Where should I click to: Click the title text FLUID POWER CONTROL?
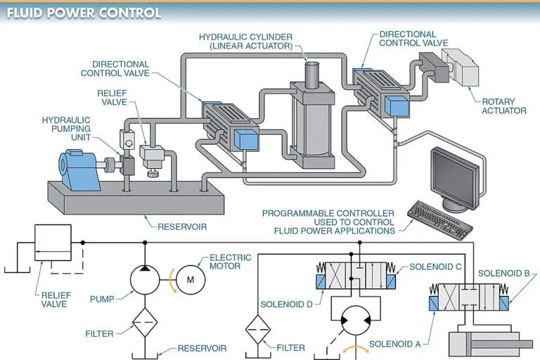tap(84, 13)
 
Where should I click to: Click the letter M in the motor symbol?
tap(191, 280)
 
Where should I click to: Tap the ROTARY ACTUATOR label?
tap(504, 106)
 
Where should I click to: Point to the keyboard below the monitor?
tap(440, 220)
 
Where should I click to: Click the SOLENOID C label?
tap(435, 267)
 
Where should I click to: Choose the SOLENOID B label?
tap(504, 274)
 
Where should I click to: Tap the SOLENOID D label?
tap(287, 304)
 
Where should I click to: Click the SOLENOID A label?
tap(395, 344)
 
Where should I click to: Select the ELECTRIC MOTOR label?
tap(230, 262)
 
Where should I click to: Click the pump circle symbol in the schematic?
tap(145, 280)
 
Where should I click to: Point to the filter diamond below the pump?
tap(145, 323)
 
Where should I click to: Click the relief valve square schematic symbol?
tap(53, 243)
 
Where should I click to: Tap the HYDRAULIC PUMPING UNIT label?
tap(67, 129)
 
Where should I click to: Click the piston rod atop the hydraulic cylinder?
tap(312, 75)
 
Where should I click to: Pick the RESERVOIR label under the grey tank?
tap(182, 227)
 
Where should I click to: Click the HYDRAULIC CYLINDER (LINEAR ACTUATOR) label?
tap(246, 41)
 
